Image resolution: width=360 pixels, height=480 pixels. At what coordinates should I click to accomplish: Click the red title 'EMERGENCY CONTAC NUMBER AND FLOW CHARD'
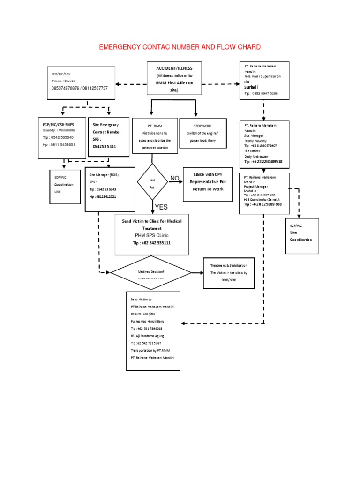pos(180,47)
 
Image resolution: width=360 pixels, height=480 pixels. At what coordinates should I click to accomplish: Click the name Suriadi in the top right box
pos(251,87)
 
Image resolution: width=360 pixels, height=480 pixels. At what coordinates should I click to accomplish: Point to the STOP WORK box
pos(203,133)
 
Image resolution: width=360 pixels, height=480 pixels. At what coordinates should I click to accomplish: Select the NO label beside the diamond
pos(174,178)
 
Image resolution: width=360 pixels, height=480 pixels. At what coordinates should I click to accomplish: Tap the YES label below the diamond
pos(161,207)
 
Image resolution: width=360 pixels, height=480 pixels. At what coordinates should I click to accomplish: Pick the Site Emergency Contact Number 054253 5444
pos(105,146)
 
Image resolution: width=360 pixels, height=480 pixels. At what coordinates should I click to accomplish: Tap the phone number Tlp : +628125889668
pos(262,204)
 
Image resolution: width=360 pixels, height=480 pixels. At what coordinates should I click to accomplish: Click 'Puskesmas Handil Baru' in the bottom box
pos(148,321)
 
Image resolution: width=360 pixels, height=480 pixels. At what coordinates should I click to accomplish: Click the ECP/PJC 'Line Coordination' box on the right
pos(301,236)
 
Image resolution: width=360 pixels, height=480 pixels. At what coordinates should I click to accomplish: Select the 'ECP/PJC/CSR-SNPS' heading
pos(58,124)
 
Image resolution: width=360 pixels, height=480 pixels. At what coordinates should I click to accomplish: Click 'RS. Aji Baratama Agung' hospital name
pos(148,336)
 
